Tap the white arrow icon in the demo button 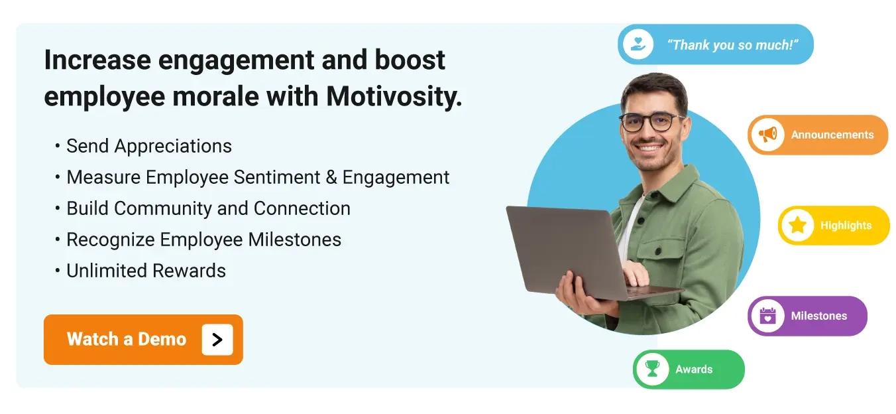coord(217,340)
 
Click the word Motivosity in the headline coord(394,97)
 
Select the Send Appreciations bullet coord(148,146)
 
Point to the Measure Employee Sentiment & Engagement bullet coord(258,177)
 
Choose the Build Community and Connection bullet coord(208,208)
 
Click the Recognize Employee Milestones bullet coord(203,240)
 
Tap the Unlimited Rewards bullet coord(146,271)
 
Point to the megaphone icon coord(767,135)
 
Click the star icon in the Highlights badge coord(797,226)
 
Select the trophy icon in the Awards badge coord(653,370)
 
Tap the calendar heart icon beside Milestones coord(767,316)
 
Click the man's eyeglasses coord(651,122)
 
